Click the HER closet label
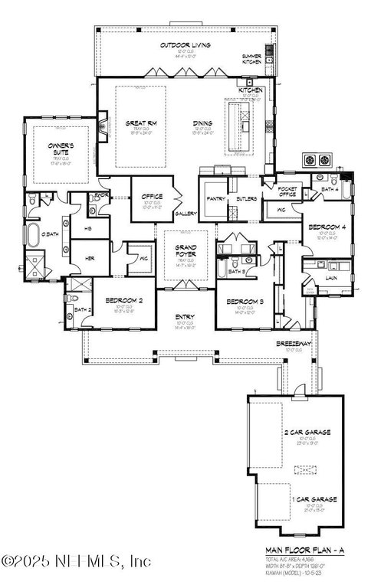(x=90, y=259)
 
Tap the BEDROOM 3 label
(x=245, y=302)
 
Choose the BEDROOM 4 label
(x=325, y=227)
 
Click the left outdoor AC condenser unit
(x=310, y=160)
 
